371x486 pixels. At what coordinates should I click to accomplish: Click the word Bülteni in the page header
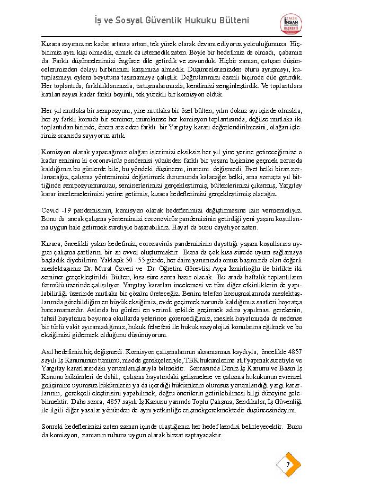(x=231, y=20)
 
